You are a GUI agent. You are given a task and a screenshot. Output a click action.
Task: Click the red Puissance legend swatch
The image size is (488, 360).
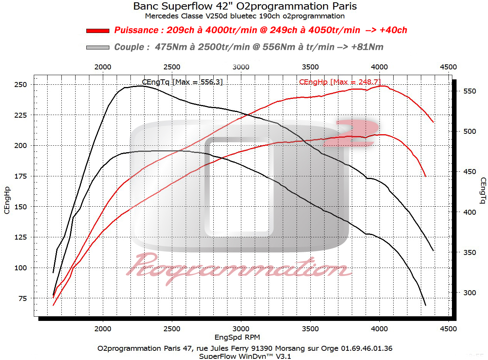pos(98,31)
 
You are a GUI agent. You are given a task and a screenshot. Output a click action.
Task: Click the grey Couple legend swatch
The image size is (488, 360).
pos(98,48)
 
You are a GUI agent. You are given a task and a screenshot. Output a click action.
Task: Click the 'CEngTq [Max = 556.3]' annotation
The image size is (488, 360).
pos(182,82)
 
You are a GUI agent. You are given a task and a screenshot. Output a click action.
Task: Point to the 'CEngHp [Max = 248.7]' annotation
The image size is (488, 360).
pos(340,82)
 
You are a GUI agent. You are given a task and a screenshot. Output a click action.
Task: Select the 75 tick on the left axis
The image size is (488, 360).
pos(23,298)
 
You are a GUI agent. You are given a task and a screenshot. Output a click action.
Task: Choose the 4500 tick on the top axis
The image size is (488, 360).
pos(448,67)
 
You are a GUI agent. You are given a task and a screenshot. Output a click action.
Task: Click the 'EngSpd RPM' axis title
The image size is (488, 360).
pos(237,337)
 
